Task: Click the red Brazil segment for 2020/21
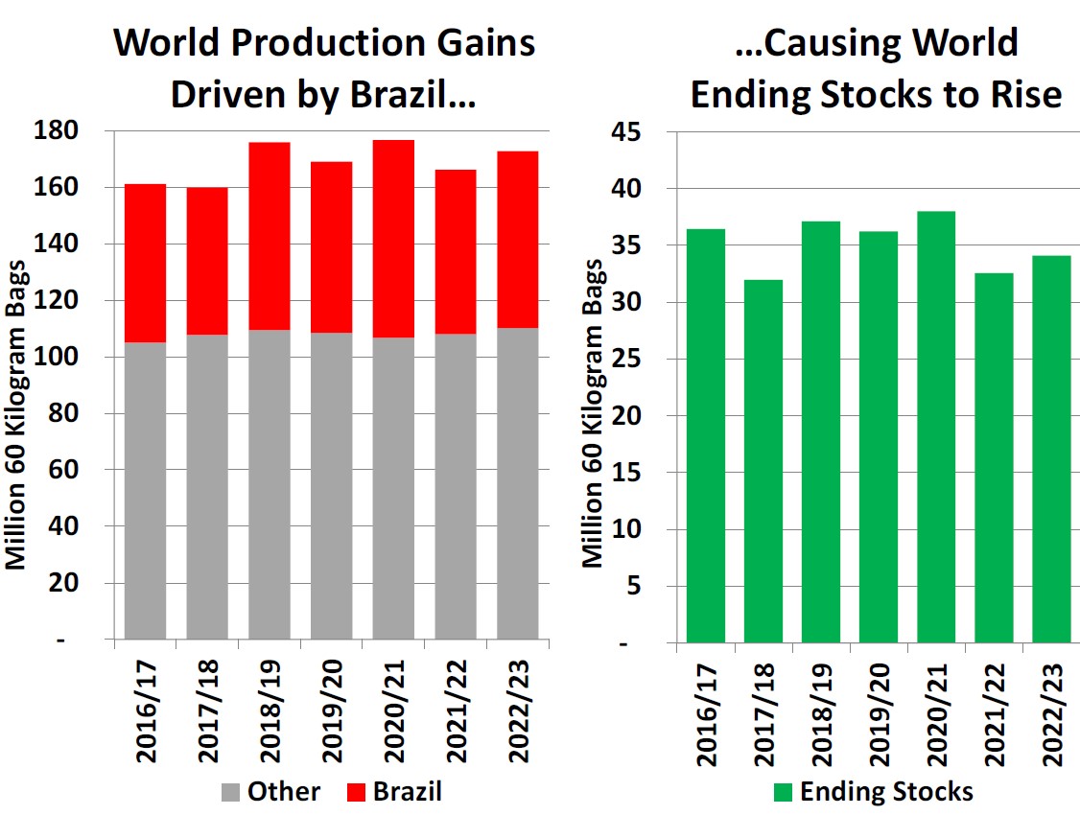tap(393, 239)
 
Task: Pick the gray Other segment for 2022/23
tap(518, 483)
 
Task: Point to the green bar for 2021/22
tap(994, 457)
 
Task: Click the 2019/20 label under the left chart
tap(332, 710)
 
